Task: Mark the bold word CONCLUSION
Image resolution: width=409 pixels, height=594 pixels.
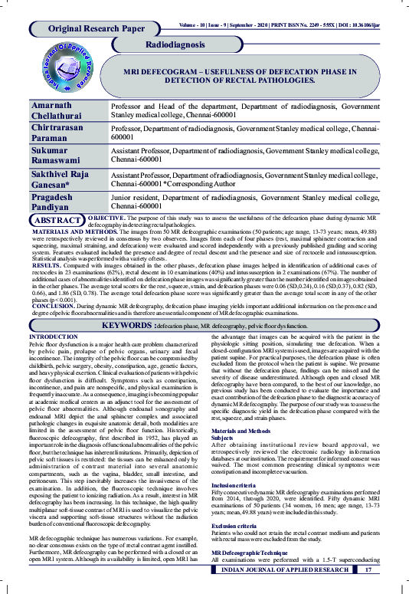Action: coord(56,304)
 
